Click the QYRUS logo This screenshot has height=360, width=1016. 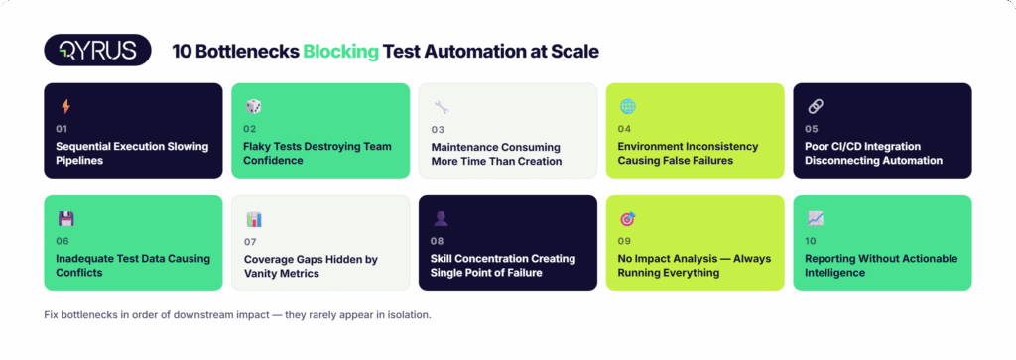[98, 51]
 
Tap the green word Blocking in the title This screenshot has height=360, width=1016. [341, 52]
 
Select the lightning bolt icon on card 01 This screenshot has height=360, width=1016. [65, 107]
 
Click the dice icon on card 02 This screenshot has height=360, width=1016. [253, 107]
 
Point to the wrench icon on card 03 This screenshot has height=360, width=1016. [442, 107]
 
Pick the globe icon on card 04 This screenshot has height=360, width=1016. [627, 107]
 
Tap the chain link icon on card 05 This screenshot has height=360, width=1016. [816, 107]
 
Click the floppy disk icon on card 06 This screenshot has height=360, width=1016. [65, 219]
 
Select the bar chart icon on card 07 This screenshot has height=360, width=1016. [253, 219]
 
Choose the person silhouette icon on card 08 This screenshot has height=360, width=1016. [441, 219]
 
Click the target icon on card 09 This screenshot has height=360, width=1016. [628, 219]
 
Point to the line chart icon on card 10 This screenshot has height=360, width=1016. [816, 219]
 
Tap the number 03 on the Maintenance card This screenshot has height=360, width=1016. [438, 130]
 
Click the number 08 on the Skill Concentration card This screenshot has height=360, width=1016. [438, 242]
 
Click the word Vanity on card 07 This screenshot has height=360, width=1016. [262, 274]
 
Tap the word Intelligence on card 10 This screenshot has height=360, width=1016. [835, 273]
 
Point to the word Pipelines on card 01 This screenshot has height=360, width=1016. [79, 161]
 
